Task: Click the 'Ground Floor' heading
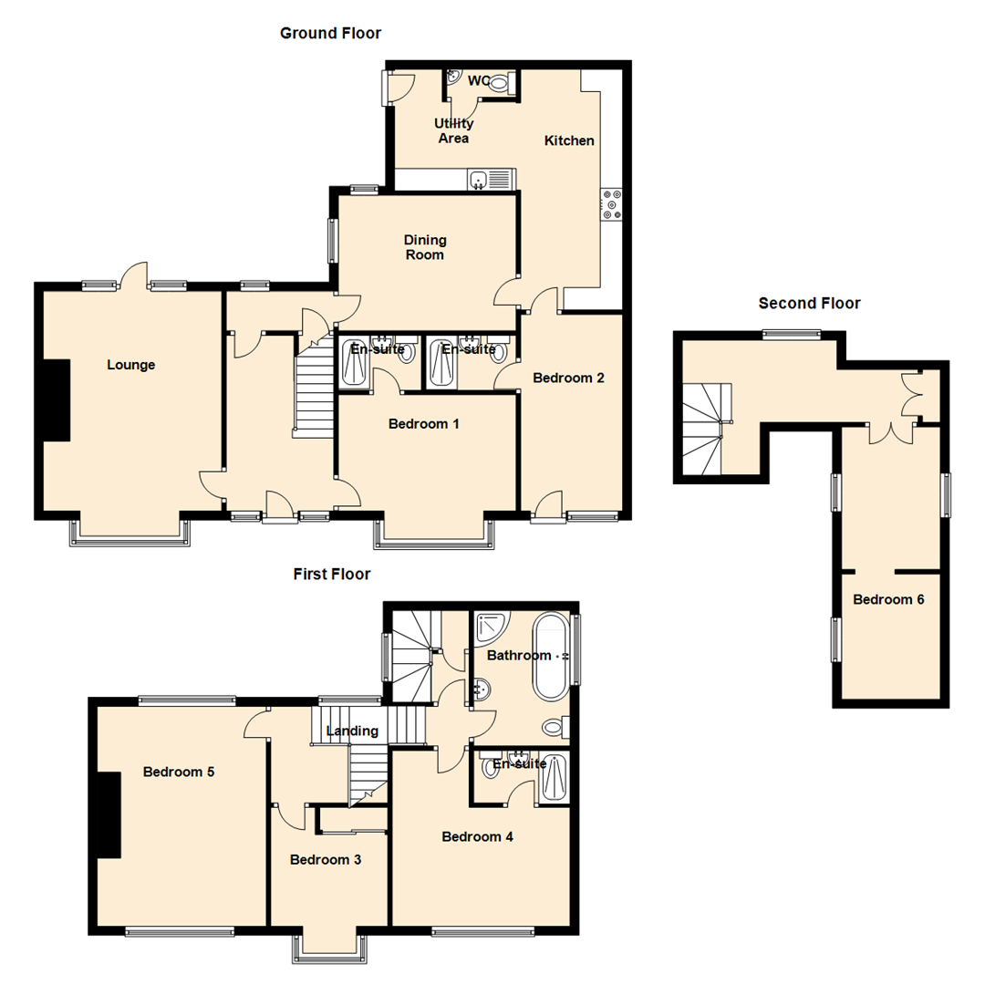[330, 34]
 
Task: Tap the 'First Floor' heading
[332, 575]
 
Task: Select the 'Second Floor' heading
[809, 304]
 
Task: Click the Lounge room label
[130, 365]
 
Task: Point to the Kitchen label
[569, 140]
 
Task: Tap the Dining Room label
[425, 247]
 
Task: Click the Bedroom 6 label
[888, 599]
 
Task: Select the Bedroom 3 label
[326, 859]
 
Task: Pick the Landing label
[352, 731]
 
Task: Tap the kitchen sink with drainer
[492, 180]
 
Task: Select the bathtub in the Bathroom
[551, 657]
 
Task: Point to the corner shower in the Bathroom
[492, 627]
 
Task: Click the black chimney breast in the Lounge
[57, 400]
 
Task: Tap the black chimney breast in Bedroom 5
[108, 814]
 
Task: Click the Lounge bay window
[130, 534]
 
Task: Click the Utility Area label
[453, 130]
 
